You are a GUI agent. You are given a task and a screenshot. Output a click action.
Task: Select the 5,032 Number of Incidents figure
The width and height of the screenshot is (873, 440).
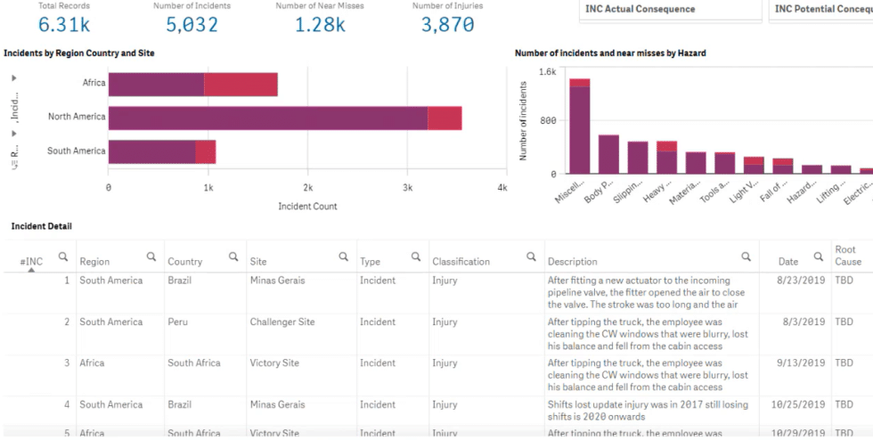[192, 25]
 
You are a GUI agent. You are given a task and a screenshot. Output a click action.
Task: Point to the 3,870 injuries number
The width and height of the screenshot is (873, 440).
[447, 25]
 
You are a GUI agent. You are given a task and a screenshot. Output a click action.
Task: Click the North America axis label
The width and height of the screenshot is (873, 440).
[77, 117]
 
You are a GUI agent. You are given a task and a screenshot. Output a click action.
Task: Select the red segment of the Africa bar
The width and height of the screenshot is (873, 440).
[241, 84]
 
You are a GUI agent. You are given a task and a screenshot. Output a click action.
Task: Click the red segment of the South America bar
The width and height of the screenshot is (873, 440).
[206, 151]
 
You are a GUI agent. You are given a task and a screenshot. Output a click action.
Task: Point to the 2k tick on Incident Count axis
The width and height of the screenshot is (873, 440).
[307, 188]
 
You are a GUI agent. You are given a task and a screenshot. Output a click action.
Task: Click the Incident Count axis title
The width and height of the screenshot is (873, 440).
[307, 206]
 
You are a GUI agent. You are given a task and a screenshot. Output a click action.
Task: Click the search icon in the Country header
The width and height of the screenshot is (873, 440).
[233, 257]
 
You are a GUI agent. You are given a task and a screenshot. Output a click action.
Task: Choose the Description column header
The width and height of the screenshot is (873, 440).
[572, 262]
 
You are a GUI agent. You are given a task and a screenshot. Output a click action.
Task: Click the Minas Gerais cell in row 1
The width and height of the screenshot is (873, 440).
[277, 281]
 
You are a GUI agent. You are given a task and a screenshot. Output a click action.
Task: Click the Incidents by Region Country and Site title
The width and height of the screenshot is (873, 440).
[79, 53]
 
